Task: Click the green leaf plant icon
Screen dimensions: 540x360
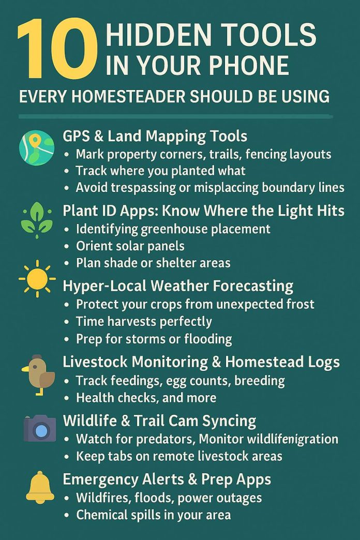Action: tap(36, 220)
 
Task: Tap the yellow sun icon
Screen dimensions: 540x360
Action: tap(37, 279)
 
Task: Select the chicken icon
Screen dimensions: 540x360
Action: tap(38, 373)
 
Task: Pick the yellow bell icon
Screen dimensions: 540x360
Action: tap(40, 487)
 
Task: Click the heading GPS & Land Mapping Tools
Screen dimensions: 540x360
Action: tap(155, 136)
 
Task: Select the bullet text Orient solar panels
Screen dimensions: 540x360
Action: tap(130, 246)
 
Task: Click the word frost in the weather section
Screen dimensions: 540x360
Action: tap(299, 304)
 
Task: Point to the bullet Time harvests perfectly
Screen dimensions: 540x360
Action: tap(144, 321)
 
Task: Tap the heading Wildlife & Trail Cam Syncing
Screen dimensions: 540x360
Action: tap(159, 421)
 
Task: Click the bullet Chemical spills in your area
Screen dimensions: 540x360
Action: tap(153, 515)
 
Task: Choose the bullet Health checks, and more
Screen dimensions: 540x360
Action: tap(146, 398)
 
